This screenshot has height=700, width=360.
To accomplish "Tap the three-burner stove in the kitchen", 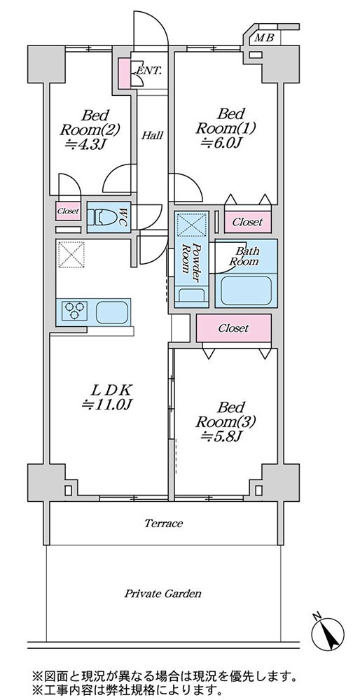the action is tap(74, 311).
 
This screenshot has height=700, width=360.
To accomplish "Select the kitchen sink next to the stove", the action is tap(112, 311).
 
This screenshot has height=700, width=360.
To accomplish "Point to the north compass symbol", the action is tap(328, 633).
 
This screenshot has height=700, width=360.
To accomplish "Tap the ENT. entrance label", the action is tap(148, 71).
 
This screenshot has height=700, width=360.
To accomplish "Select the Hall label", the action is tap(152, 135).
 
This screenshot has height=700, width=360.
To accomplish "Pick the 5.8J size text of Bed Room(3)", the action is tap(222, 436).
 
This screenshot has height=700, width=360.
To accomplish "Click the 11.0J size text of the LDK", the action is tap(109, 405).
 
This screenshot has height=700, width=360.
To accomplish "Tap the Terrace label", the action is tap(163, 523).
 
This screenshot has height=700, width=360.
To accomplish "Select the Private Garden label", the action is tap(162, 594).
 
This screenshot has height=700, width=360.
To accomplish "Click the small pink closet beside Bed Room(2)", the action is tap(69, 211).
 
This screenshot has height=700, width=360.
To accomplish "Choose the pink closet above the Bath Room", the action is tap(247, 221).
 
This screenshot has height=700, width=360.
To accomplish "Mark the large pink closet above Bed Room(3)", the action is tap(234, 328).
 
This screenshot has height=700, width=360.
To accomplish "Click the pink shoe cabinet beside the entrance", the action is tap(124, 73).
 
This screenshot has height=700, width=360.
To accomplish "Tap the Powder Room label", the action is tap(191, 264).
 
